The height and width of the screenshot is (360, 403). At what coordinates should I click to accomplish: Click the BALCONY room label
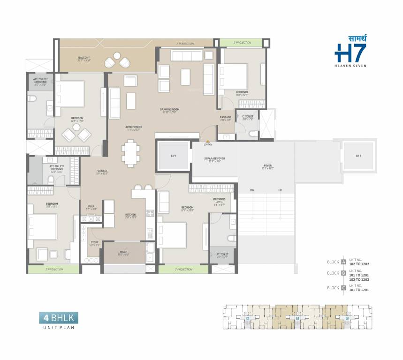click(x=84, y=59)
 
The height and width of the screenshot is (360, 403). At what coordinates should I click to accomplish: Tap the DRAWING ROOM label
click(x=170, y=110)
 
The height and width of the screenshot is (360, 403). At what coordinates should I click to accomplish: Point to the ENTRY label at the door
click(x=208, y=144)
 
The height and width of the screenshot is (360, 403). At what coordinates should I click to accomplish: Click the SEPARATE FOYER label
click(x=214, y=159)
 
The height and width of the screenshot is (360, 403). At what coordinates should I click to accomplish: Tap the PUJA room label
click(x=91, y=206)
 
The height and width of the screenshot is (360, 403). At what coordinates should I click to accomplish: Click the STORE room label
click(x=95, y=243)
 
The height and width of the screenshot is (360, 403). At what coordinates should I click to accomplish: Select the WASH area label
click(x=123, y=252)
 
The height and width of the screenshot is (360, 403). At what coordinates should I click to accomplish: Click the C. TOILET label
click(x=247, y=117)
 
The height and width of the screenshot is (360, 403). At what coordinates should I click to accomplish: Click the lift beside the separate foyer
click(x=173, y=156)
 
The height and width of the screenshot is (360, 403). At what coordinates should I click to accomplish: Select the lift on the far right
click(x=358, y=156)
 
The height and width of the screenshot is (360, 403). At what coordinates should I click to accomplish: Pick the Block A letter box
click(x=344, y=262)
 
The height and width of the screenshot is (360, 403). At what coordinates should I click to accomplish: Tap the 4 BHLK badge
click(x=59, y=319)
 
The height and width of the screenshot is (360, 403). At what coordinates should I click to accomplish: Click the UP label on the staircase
click(x=280, y=190)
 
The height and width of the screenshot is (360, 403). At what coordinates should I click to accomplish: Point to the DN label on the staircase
click(x=252, y=190)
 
